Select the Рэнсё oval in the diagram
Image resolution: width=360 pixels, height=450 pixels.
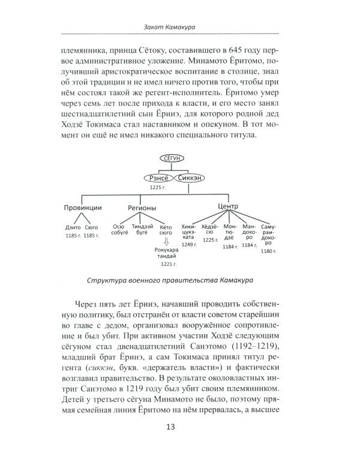[x=157, y=178]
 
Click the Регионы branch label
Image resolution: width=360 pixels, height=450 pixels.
[x=142, y=208]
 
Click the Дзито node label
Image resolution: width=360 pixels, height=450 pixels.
[x=73, y=228]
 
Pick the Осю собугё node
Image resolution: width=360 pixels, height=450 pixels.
[x=122, y=231]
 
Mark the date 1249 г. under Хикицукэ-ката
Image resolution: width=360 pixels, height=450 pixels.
[x=189, y=245]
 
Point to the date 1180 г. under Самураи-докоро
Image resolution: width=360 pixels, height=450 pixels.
[x=268, y=251]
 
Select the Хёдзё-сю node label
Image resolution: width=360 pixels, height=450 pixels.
[x=210, y=231]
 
